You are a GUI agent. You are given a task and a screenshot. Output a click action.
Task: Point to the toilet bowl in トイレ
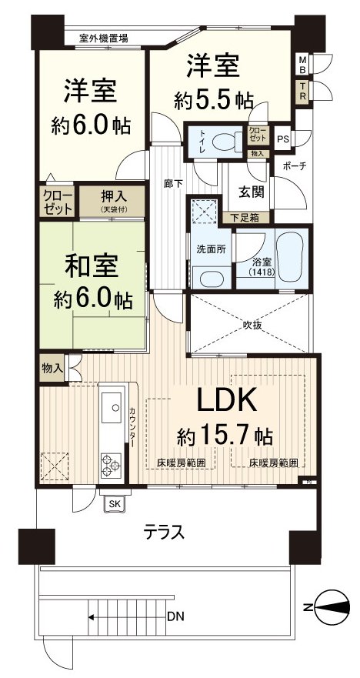224,141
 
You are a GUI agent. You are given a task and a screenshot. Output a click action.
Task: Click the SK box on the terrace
115,503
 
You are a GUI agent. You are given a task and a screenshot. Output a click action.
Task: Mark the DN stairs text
175,616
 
